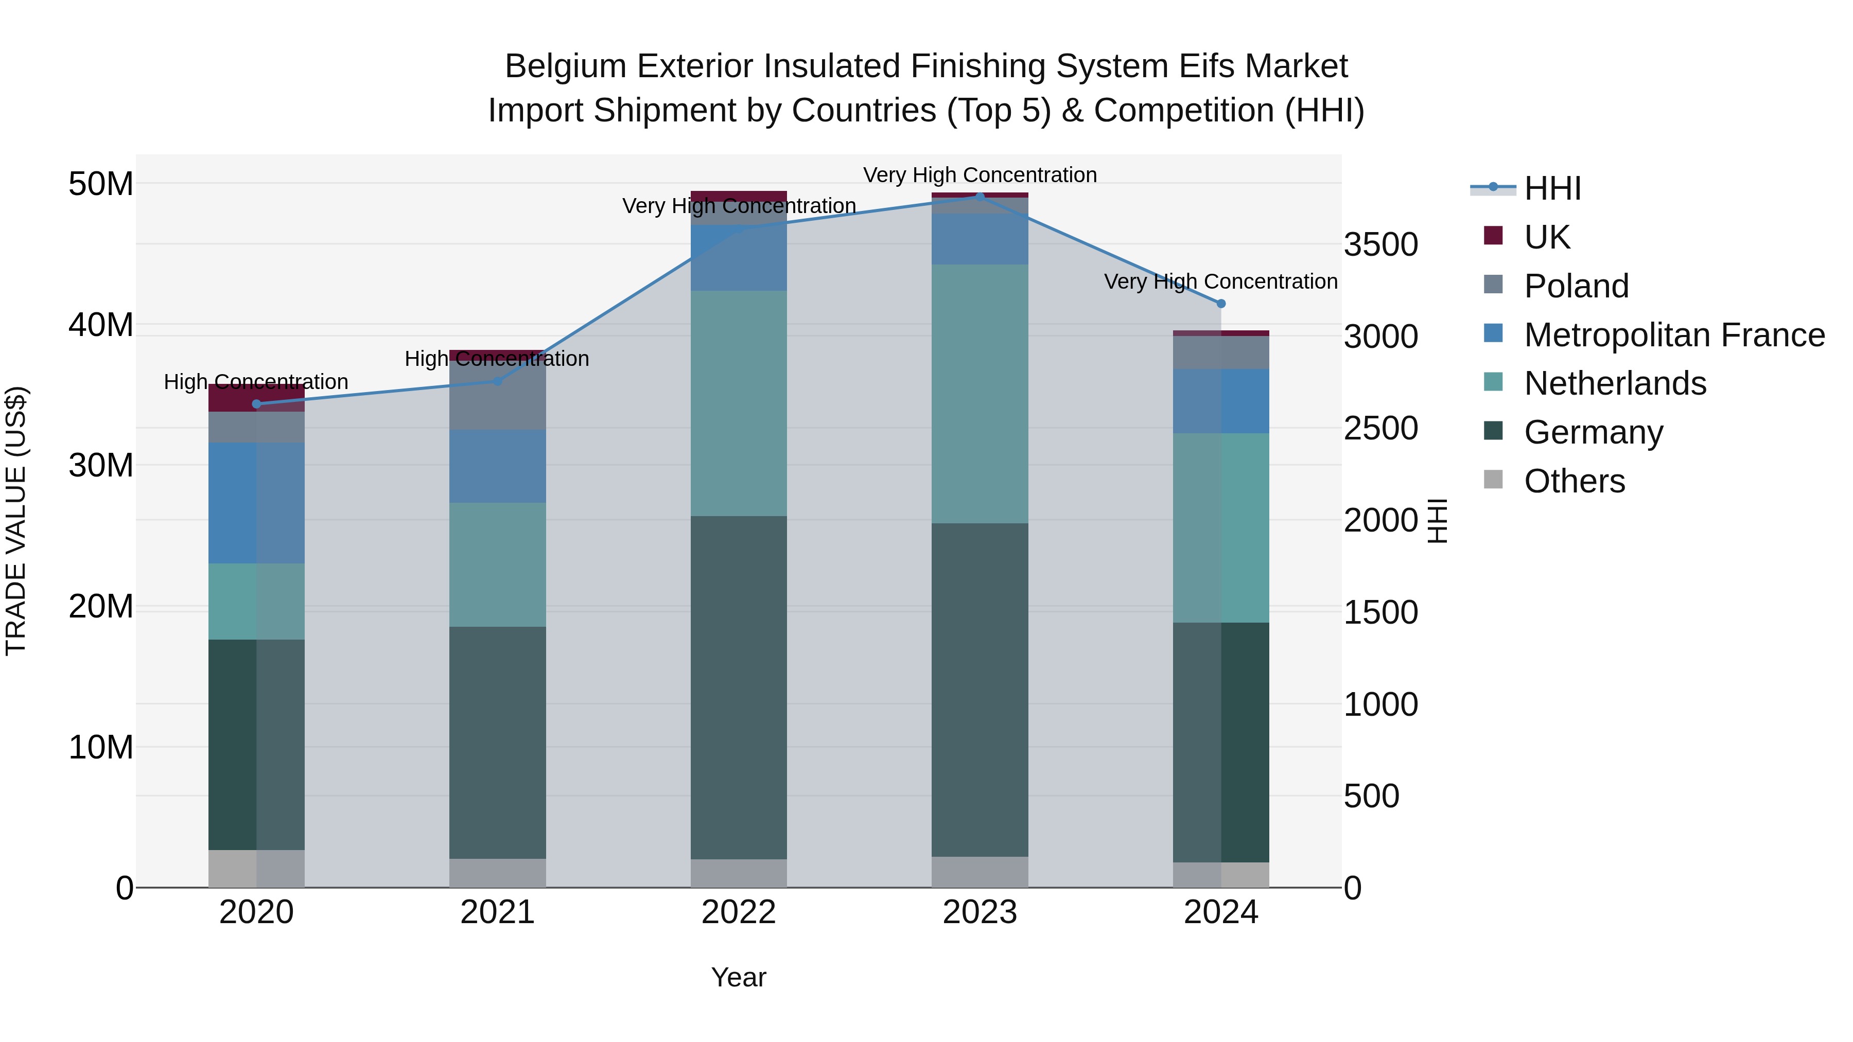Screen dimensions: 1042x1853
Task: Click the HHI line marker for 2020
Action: coord(257,404)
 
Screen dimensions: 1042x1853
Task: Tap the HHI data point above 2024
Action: coord(1221,304)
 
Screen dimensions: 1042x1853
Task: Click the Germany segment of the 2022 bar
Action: coord(739,687)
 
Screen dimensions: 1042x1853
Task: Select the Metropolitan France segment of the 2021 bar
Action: coord(498,466)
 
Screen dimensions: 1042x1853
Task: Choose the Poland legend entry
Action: coord(1576,286)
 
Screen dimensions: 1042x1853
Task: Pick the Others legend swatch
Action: coord(1493,480)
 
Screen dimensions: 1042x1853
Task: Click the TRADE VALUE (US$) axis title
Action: coord(16,521)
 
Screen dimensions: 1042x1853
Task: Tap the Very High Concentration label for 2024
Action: coord(1221,282)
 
